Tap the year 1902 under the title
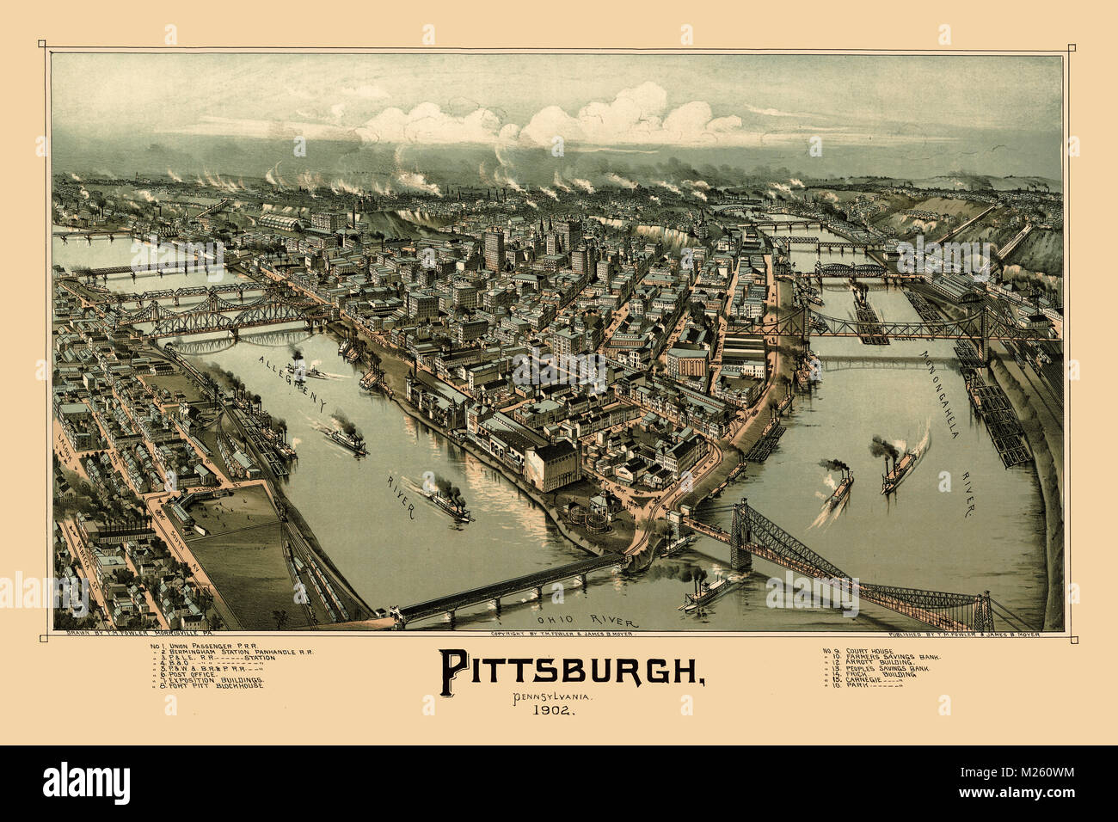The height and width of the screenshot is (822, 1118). point(555,710)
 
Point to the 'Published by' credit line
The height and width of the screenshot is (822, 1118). point(954,635)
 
